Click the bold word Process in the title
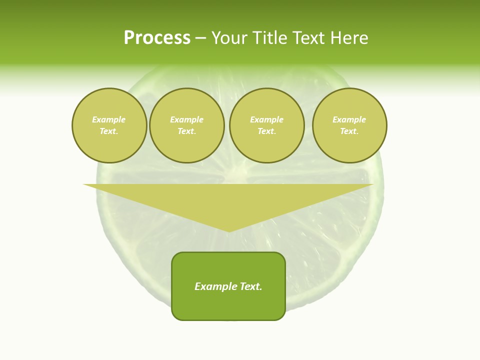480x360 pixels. pos(157,38)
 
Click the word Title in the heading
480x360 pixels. pos(269,38)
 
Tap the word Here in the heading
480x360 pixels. pos(349,38)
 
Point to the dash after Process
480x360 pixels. pos(200,38)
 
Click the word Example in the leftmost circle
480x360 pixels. pos(109,119)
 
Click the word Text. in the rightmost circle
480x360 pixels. pos(349,131)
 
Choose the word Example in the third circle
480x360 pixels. pos(266,119)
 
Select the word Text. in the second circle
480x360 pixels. pos(187,131)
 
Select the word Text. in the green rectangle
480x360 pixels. pos(250,286)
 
